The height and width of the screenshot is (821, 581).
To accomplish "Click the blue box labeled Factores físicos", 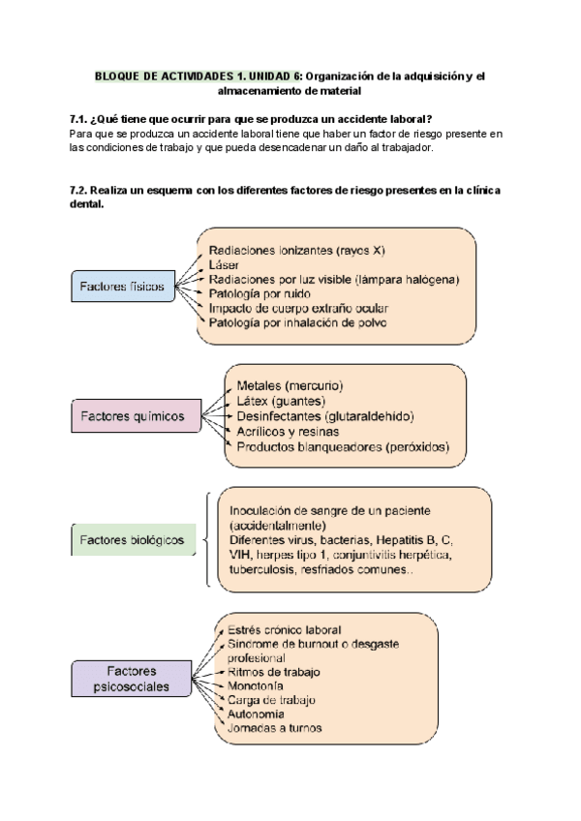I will (x=122, y=287).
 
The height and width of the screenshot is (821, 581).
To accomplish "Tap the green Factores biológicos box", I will (x=131, y=539).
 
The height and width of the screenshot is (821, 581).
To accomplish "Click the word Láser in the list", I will (x=225, y=263).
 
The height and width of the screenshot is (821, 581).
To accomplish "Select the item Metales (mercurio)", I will (x=290, y=385).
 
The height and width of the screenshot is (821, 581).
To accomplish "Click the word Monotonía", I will (x=258, y=684).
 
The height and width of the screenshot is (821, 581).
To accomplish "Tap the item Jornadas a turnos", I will (x=274, y=728).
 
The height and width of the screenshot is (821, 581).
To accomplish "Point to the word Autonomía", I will (x=257, y=714).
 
